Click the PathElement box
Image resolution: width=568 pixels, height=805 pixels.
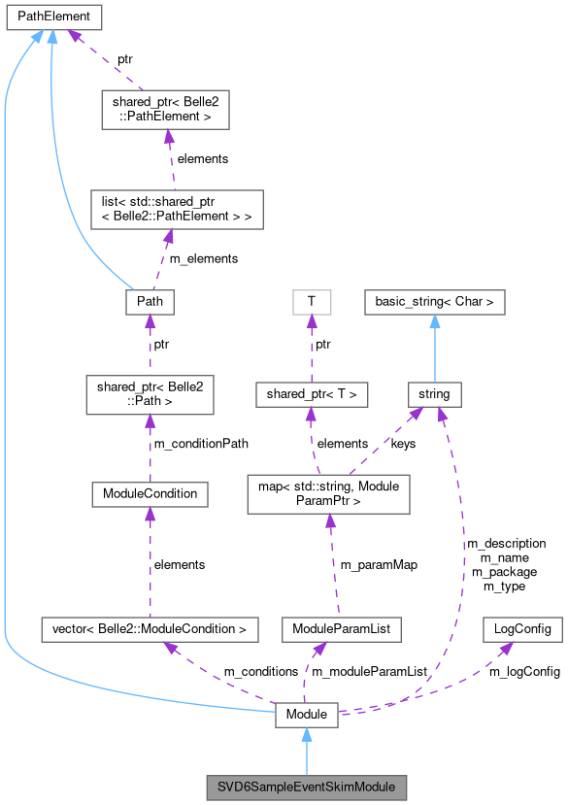50,17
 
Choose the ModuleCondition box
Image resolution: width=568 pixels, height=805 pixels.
150,493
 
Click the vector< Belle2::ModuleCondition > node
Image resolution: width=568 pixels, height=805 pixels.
150,629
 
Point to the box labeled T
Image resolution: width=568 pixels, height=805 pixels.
311,302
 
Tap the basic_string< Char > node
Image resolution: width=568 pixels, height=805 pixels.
435,302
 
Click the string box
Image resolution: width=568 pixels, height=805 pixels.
435,393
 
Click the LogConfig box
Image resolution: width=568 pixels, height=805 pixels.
522,629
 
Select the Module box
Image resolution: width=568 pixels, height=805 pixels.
307,715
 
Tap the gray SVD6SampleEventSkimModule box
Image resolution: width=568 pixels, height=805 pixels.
307,784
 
